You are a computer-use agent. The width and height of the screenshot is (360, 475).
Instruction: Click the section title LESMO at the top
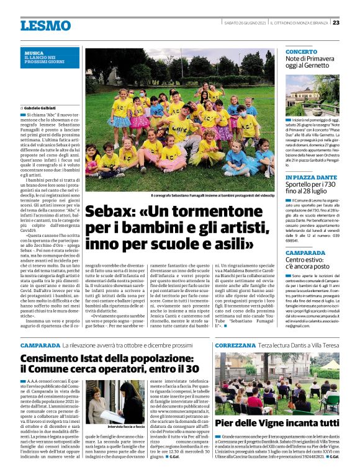click(x=45, y=25)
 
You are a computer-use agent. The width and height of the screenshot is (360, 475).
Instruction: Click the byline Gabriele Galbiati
click(x=42, y=108)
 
